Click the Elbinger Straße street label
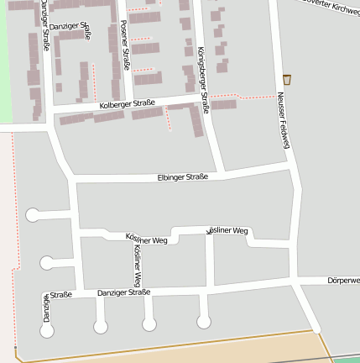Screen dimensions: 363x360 point(183,177)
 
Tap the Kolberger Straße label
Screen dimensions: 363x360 point(127,104)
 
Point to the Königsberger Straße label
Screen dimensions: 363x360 point(203,80)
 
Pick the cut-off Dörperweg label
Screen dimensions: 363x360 point(343,279)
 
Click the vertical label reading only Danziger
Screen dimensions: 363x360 point(47,308)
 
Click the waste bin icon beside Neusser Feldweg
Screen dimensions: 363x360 point(288,79)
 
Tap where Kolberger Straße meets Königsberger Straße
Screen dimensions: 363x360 point(206,98)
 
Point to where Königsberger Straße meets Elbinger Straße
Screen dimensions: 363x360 point(223,174)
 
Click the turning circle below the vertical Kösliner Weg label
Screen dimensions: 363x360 point(149,324)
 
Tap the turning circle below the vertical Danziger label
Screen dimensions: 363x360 point(47,331)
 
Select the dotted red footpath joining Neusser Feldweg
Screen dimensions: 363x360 point(252,97)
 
